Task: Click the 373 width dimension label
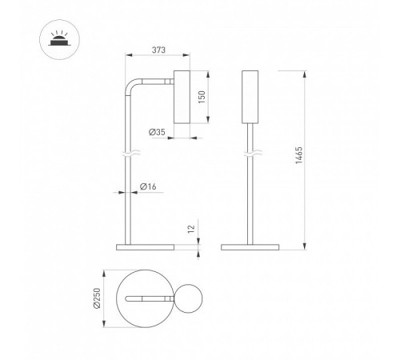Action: (x=158, y=50)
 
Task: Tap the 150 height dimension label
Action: (x=202, y=97)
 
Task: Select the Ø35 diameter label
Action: (x=157, y=132)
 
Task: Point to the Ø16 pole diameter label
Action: (x=148, y=186)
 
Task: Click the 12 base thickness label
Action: (x=191, y=230)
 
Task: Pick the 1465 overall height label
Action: (x=299, y=155)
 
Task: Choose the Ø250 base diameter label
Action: (x=97, y=298)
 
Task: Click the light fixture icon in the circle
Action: (x=59, y=40)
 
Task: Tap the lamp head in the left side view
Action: (x=182, y=97)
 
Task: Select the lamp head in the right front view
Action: (x=250, y=97)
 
